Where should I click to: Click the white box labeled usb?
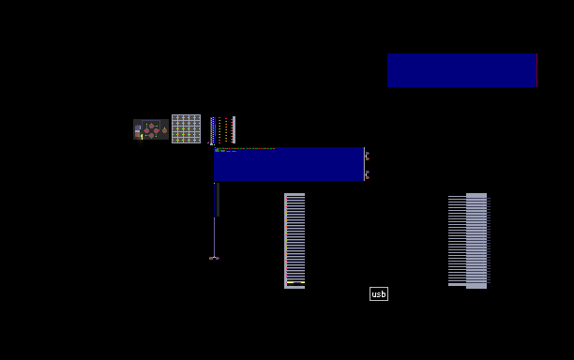click(x=379, y=293)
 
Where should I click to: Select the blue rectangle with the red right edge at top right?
click(x=462, y=70)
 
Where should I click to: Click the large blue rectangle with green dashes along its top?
click(x=289, y=164)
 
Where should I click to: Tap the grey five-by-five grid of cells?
click(x=186, y=128)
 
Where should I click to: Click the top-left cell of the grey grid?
click(x=175, y=118)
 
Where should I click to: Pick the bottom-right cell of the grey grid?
click(x=197, y=140)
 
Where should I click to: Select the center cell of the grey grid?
click(x=186, y=128)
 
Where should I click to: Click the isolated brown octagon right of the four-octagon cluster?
click(x=164, y=130)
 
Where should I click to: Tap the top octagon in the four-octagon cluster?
click(x=152, y=126)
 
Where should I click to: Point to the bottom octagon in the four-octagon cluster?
click(x=152, y=136)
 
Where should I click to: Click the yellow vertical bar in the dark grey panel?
click(x=142, y=137)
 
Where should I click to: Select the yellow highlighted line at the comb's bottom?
click(x=295, y=282)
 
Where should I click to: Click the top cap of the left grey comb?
click(x=295, y=194)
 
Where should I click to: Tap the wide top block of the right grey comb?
click(x=476, y=195)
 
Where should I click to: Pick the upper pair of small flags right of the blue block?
click(x=367, y=156)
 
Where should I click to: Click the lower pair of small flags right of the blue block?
click(x=367, y=175)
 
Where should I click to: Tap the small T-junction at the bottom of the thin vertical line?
click(x=214, y=258)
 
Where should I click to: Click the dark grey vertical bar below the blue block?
click(x=219, y=200)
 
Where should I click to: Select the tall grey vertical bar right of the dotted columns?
click(x=234, y=130)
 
